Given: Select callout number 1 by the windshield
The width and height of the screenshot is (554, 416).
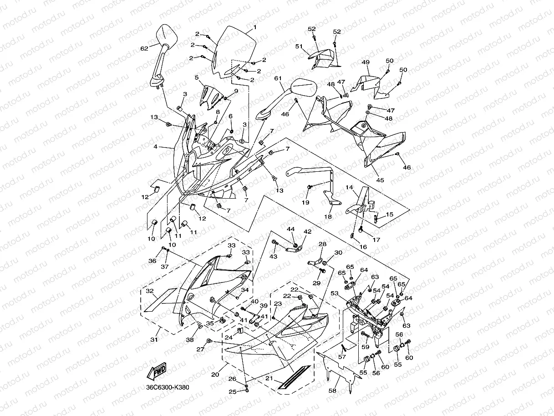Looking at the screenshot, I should [x=254, y=27].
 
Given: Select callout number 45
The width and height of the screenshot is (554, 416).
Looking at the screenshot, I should [x=380, y=180].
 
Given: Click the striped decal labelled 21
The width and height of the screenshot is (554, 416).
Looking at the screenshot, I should [x=294, y=377].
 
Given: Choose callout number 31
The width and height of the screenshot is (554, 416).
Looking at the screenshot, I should [x=154, y=339].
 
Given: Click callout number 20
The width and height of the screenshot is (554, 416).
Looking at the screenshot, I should [x=215, y=375].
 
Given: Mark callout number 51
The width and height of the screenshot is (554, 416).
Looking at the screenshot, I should [x=299, y=46].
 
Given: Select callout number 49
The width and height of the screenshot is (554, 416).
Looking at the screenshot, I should [x=366, y=62].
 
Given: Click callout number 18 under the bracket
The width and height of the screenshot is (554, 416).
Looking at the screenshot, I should [x=328, y=217].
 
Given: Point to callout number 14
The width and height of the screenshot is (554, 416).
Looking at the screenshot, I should [x=349, y=187].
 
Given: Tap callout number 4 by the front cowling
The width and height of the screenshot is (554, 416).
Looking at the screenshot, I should [x=155, y=147].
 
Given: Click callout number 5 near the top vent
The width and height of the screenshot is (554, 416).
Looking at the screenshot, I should [x=197, y=77].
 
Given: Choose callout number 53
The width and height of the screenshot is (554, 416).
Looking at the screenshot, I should [x=334, y=293].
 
